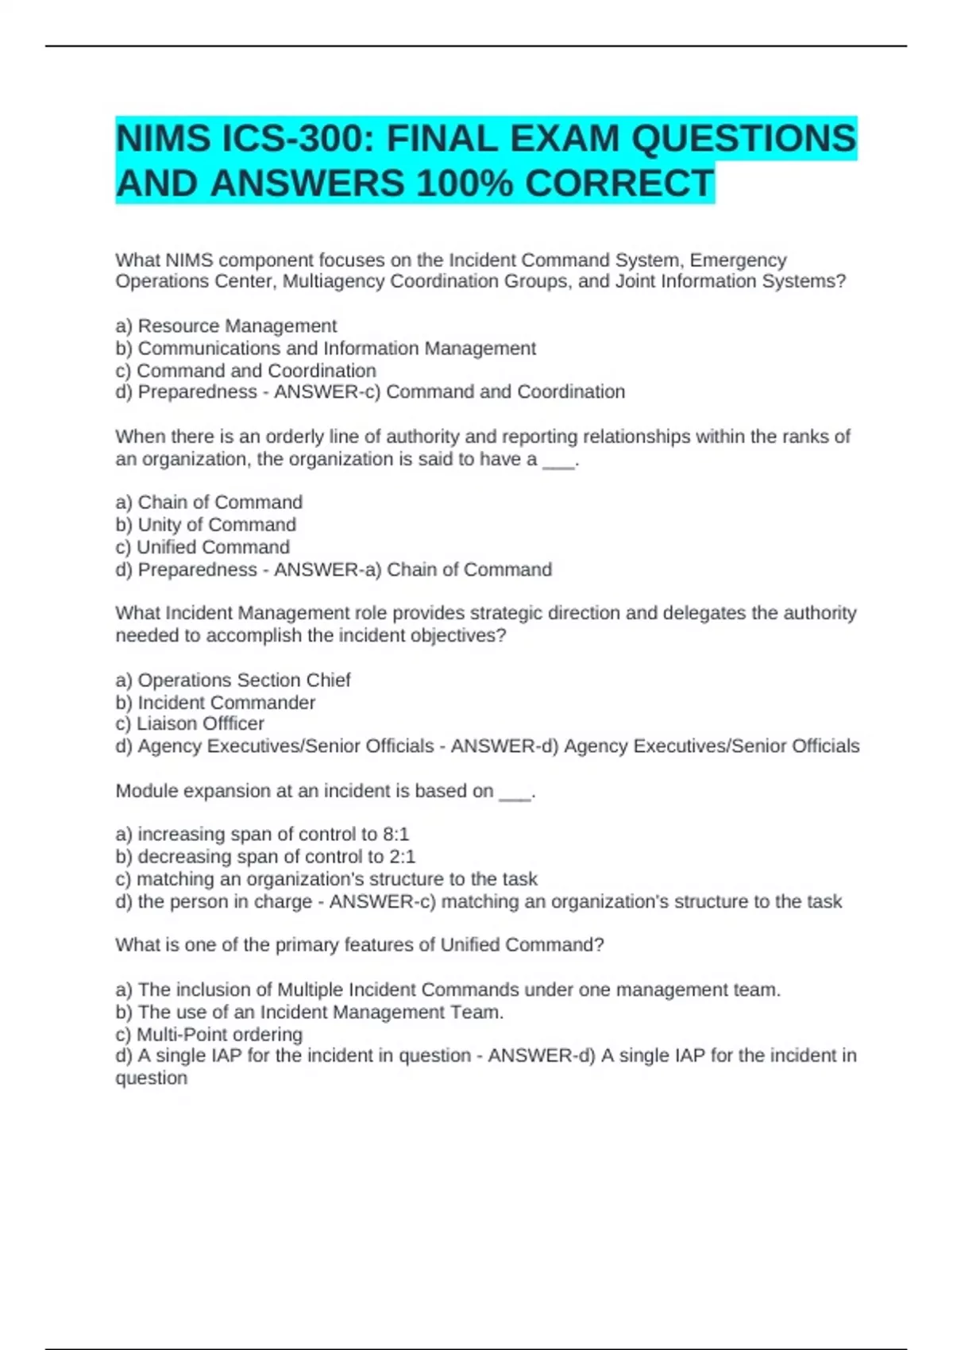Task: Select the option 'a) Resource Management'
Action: click(226, 326)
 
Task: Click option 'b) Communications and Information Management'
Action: click(326, 349)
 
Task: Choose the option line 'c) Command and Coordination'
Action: click(245, 371)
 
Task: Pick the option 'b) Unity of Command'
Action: click(206, 525)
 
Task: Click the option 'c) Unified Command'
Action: click(203, 547)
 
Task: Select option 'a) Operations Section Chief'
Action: click(233, 680)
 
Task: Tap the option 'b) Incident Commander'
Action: click(215, 703)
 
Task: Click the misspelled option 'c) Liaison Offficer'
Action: click(190, 724)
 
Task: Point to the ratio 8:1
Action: click(395, 835)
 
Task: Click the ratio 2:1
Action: click(402, 857)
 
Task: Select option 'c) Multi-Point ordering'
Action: click(209, 1035)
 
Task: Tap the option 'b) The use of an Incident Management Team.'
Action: click(310, 1012)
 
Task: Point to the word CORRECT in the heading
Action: click(619, 184)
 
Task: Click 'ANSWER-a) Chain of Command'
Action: click(413, 570)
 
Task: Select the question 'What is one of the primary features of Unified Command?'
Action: click(360, 945)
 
